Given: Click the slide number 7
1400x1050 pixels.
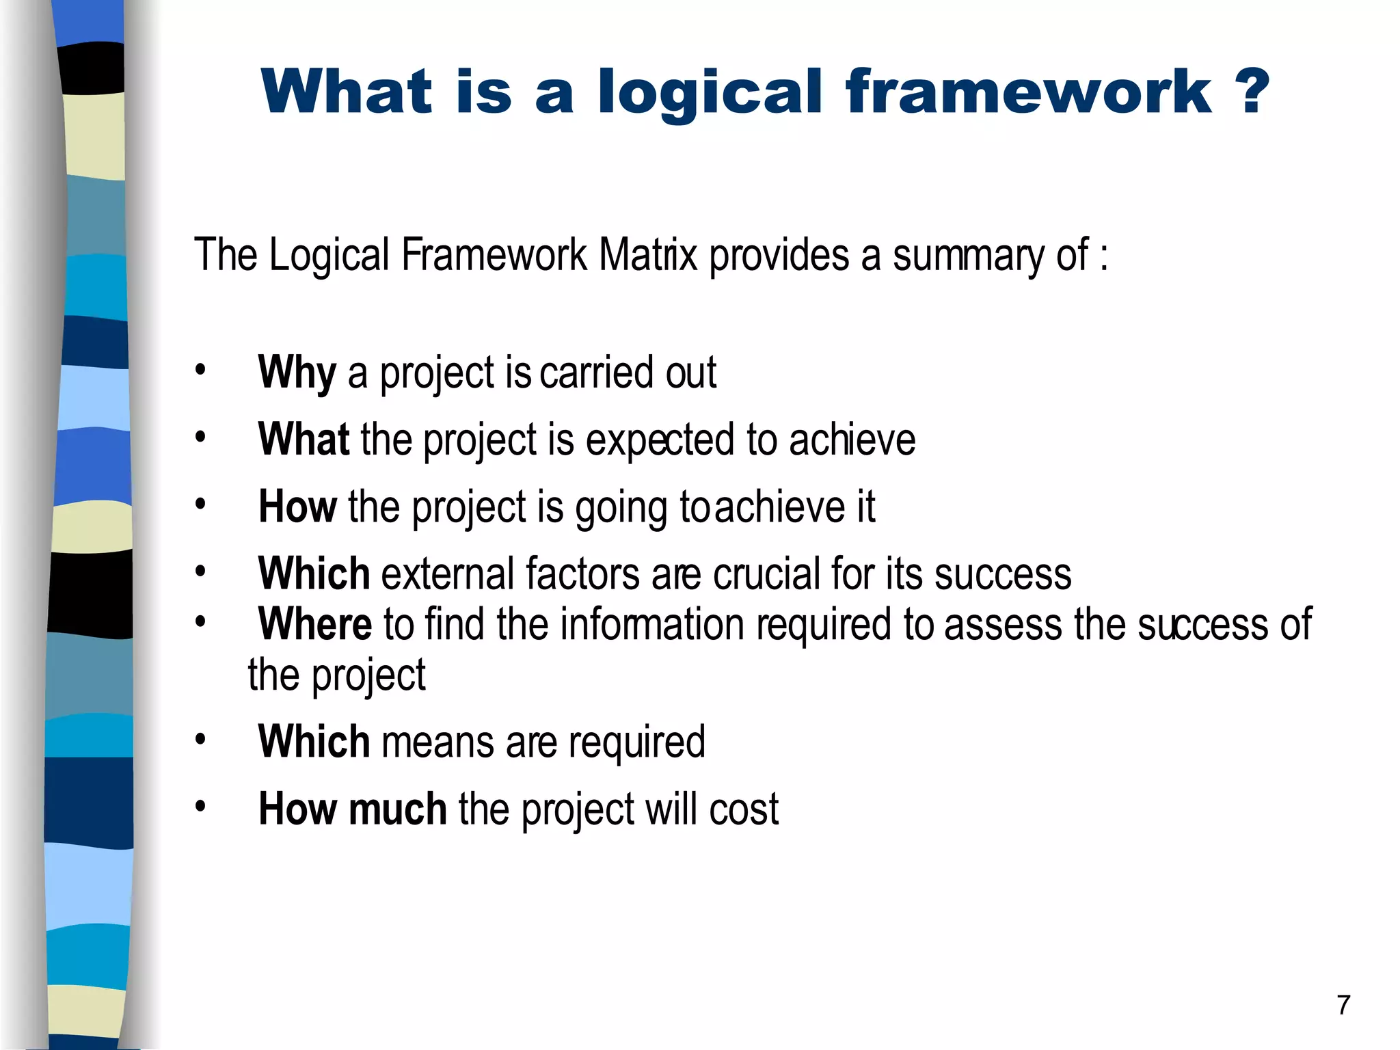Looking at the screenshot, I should tap(1343, 1005).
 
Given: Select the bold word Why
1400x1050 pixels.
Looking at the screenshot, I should tap(297, 373).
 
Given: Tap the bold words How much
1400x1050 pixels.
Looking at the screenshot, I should tap(352, 809).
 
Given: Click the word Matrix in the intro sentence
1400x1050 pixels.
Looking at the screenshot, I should tap(648, 255).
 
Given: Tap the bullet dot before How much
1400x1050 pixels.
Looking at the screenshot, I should tap(200, 807).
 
